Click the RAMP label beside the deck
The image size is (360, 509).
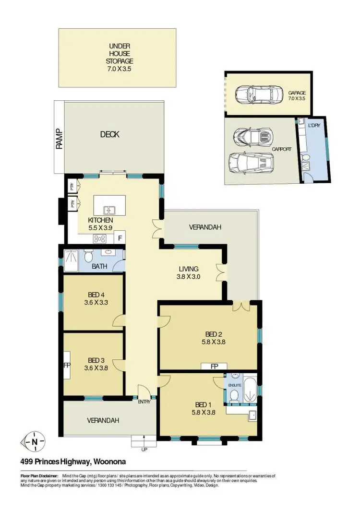point(60,139)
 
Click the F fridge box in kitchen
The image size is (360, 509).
point(120,238)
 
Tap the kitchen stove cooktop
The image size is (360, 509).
point(100,238)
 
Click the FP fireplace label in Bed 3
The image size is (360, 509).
point(67,365)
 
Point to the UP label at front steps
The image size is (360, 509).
point(144,450)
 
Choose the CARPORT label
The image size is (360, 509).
point(281,149)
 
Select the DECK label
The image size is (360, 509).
point(110,134)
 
